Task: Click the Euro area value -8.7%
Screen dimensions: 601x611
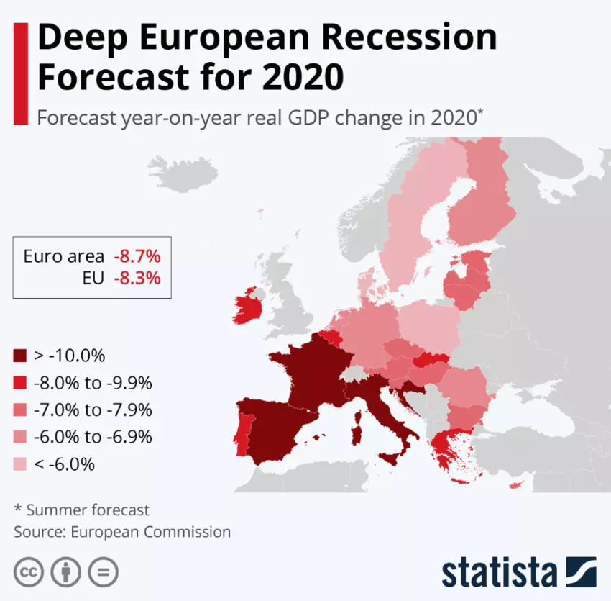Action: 137,256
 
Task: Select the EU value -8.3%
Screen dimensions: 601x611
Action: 137,277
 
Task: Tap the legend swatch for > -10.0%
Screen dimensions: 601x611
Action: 20,356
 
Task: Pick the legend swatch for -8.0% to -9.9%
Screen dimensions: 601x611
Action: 20,383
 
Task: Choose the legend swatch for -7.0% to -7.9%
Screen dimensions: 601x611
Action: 20,410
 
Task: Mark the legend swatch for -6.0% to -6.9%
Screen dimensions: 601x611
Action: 20,438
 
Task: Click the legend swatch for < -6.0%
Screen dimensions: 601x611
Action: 20,465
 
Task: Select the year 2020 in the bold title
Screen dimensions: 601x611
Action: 303,76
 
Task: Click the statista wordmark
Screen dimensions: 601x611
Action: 499,572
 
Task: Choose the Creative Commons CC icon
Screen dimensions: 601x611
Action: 28,573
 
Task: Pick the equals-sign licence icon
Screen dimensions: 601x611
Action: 104,573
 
